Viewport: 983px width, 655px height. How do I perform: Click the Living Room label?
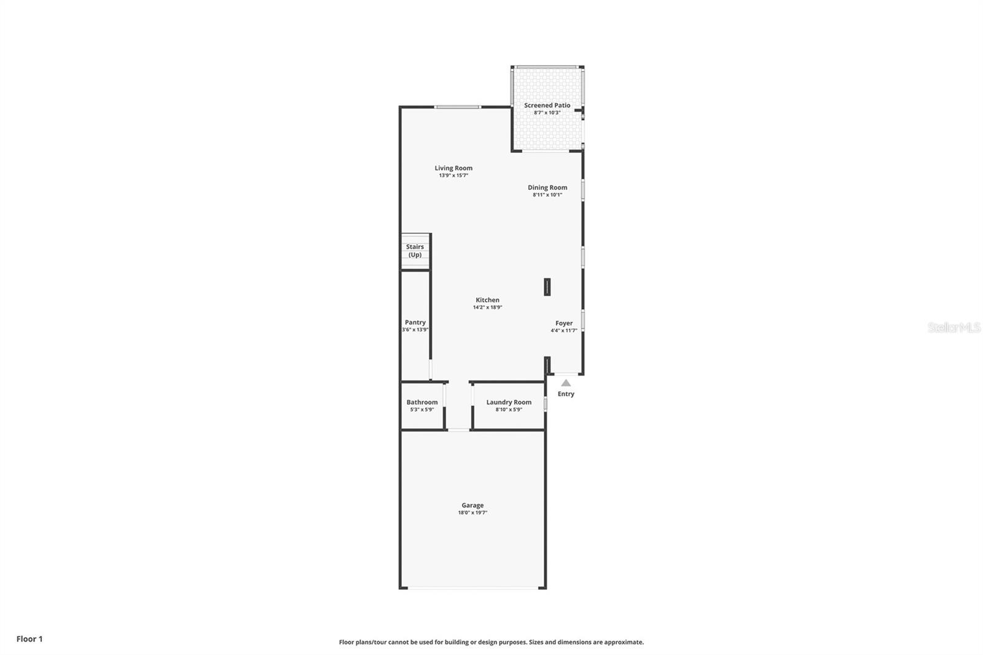453,168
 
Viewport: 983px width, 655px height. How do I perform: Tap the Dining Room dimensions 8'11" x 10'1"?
547,195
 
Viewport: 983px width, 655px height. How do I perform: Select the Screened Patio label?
547,105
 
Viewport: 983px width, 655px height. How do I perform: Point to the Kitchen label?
487,300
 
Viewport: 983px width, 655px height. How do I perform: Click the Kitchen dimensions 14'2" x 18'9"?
487,307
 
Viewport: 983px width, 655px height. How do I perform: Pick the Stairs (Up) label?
415,251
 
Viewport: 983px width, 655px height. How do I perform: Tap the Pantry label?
415,322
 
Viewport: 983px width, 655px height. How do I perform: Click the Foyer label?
564,323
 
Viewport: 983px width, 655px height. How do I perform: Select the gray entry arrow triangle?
566,383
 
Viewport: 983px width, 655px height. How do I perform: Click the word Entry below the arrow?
566,394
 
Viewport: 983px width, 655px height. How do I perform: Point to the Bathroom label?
422,402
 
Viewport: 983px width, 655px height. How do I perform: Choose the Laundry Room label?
509,402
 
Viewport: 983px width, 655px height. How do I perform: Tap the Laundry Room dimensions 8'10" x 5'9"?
509,409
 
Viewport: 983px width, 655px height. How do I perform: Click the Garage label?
472,505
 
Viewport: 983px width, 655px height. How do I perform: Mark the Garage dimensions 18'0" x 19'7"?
472,512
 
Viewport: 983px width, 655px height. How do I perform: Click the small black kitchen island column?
547,287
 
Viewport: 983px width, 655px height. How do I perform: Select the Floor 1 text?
29,639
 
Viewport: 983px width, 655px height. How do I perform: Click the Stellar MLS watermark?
954,327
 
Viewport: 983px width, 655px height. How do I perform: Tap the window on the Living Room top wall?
457,107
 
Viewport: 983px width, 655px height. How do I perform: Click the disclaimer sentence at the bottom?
491,642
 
